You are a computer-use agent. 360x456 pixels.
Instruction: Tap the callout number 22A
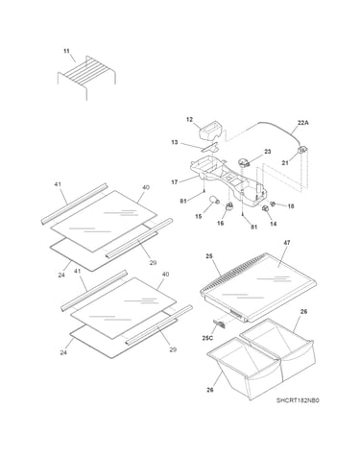(x=302, y=122)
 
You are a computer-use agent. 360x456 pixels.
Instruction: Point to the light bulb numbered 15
(x=214, y=200)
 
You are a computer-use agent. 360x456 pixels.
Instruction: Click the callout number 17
(x=175, y=182)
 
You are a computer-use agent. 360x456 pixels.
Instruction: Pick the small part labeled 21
(x=302, y=150)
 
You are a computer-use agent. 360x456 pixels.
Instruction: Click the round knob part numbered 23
(x=244, y=162)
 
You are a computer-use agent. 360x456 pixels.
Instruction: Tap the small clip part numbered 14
(x=265, y=208)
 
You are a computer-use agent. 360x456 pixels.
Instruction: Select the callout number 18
(x=291, y=206)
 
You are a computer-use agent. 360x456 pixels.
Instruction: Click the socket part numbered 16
(x=228, y=206)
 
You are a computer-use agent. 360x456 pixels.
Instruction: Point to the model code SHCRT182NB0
(x=298, y=400)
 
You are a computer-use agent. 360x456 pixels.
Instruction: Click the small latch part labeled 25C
(x=219, y=324)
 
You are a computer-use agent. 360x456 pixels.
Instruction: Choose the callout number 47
(x=287, y=243)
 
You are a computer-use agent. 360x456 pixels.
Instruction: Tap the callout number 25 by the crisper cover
(x=209, y=256)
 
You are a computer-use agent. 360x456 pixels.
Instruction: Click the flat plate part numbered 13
(x=209, y=147)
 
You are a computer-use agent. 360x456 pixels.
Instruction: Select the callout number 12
(x=189, y=120)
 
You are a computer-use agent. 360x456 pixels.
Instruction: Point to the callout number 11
(x=66, y=51)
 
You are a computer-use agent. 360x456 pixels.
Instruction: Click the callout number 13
(x=175, y=142)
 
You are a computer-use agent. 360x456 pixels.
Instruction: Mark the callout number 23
(x=268, y=152)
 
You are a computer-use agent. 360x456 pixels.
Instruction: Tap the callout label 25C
(x=207, y=338)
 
